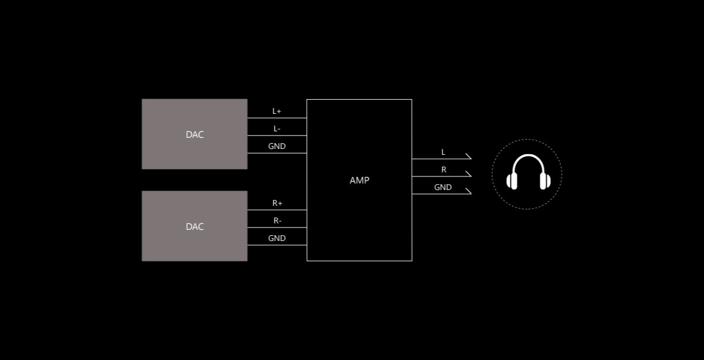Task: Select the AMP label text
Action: point(359,181)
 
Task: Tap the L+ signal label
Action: point(277,111)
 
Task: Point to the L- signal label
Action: point(277,128)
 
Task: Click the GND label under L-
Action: point(277,146)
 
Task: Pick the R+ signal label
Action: point(277,203)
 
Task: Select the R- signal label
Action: point(277,220)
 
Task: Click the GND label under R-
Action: point(277,238)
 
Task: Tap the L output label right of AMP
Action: point(443,152)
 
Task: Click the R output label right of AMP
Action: point(444,169)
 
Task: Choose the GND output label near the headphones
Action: point(443,187)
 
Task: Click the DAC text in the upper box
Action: point(195,134)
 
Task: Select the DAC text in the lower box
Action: point(195,226)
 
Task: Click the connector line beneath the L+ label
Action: point(277,118)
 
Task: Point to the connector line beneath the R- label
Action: point(277,227)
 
